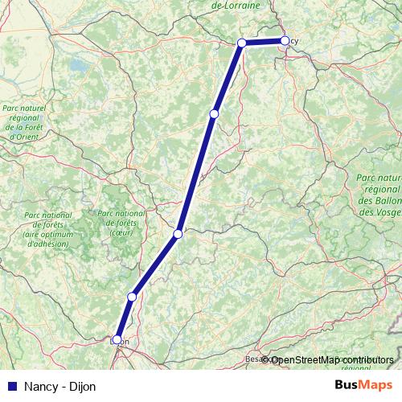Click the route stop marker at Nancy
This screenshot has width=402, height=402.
click(285, 40)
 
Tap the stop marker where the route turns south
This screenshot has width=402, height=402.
click(241, 43)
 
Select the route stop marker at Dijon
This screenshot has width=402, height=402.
click(117, 340)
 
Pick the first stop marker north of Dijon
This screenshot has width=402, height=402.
click(132, 297)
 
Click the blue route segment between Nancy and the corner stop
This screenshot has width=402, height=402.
click(263, 42)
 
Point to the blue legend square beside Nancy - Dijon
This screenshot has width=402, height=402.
click(12, 387)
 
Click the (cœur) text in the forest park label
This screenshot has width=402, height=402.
click(121, 233)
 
